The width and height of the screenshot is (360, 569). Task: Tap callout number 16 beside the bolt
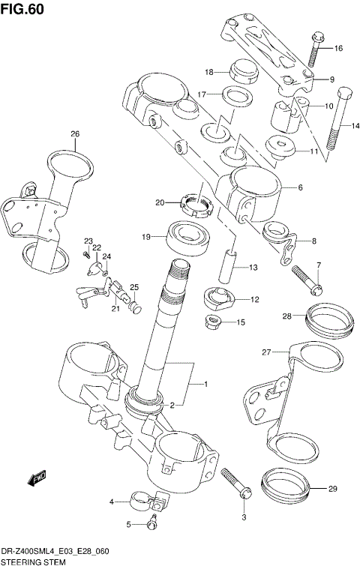coord(338,48)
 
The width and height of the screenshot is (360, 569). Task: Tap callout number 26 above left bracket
coord(75,134)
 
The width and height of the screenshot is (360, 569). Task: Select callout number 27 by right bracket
coord(265,352)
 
